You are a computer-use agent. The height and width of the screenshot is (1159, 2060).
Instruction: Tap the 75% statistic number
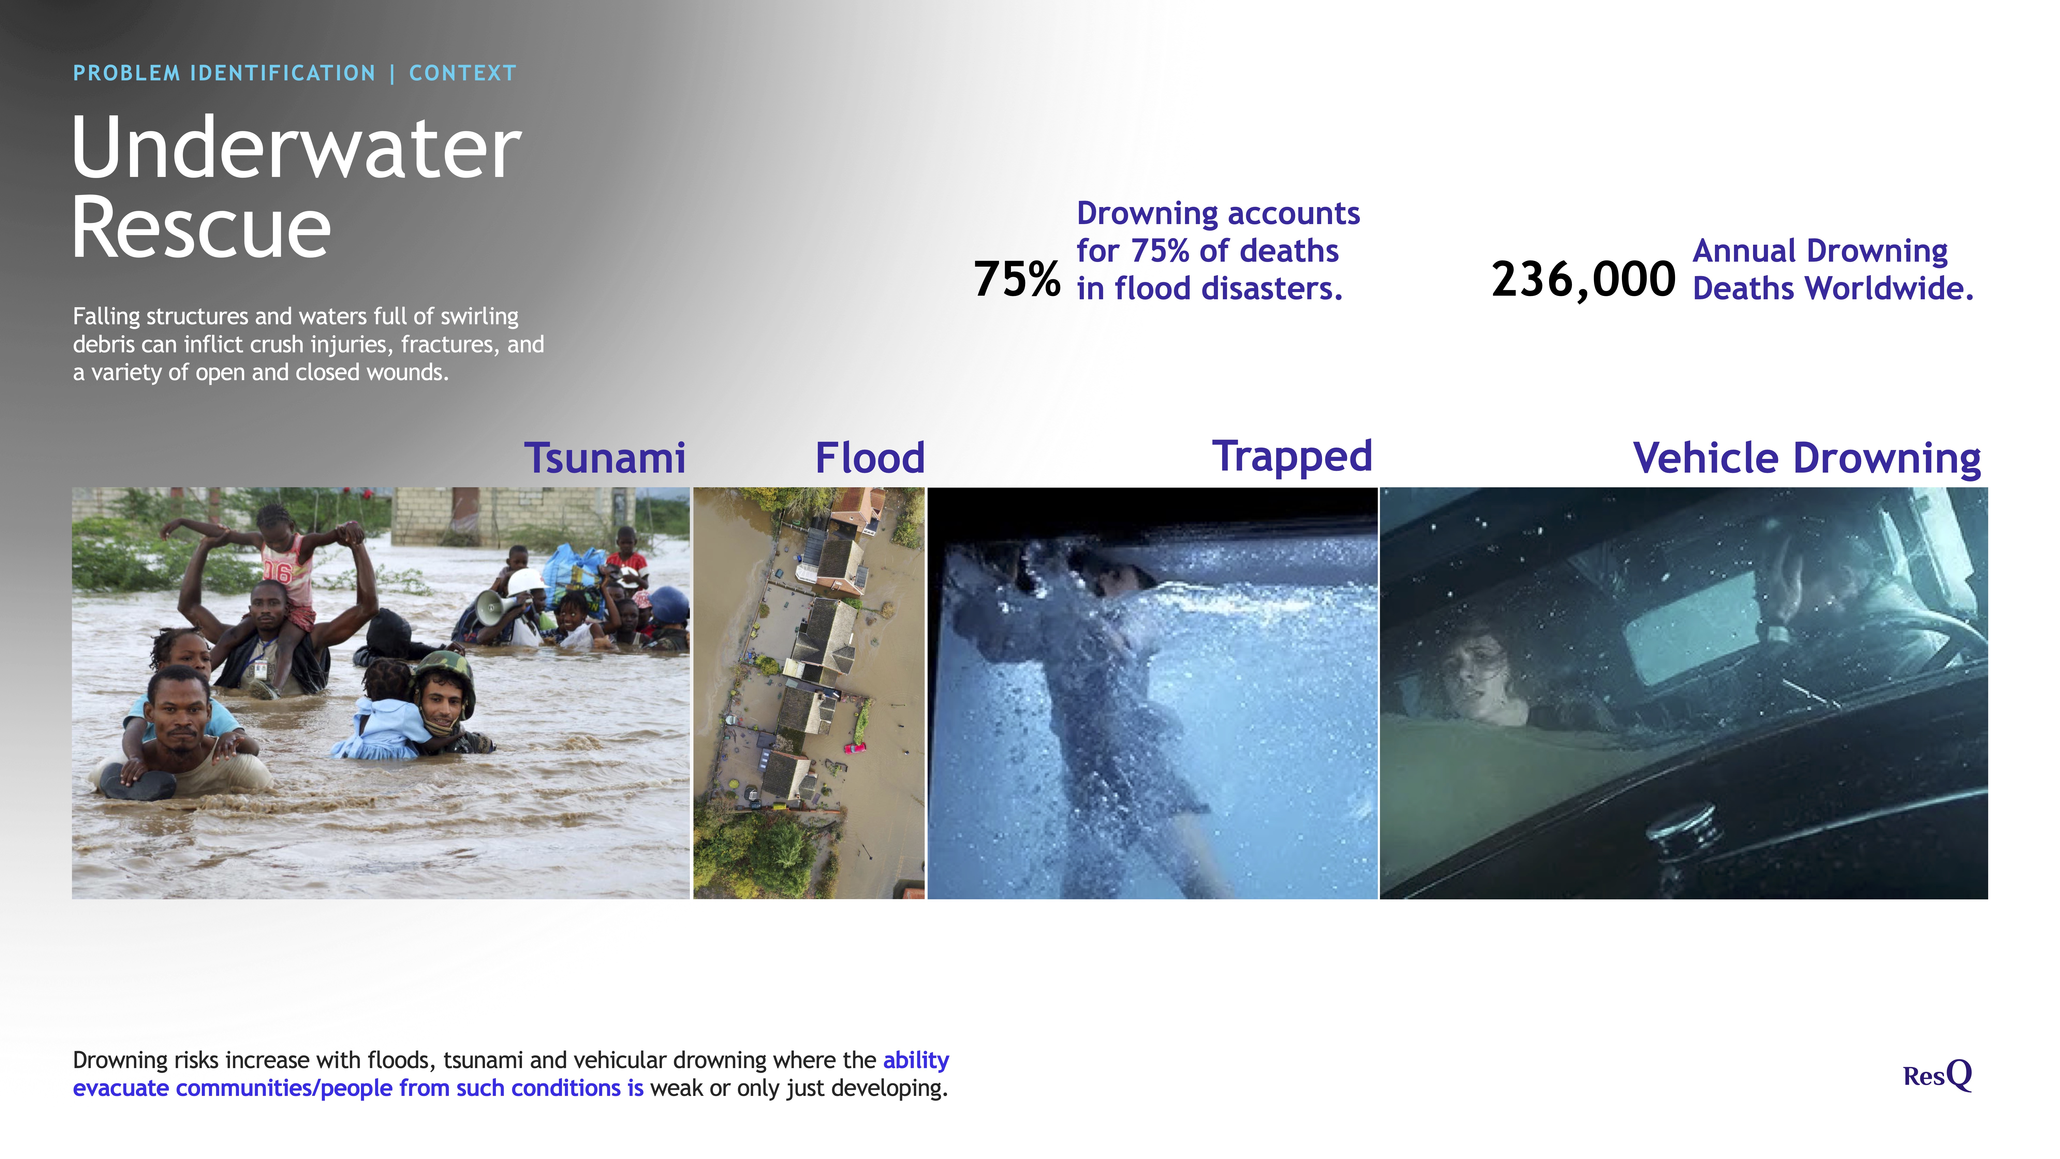coord(1016,279)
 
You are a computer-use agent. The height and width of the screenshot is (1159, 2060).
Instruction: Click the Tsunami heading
coord(605,458)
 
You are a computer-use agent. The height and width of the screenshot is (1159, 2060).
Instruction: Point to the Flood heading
coord(870,458)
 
